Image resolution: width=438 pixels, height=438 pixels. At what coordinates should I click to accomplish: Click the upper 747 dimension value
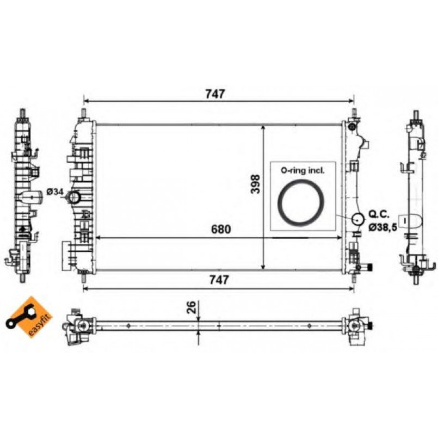pyautogui.click(x=215, y=94)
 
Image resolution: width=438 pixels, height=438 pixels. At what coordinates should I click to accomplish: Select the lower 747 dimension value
pyautogui.click(x=215, y=280)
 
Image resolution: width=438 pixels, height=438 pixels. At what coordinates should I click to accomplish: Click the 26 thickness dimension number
pyautogui.click(x=192, y=307)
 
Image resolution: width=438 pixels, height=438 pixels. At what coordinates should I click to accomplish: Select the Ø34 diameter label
pyautogui.click(x=55, y=191)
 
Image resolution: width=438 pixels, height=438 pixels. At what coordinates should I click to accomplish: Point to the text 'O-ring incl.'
pyautogui.click(x=302, y=170)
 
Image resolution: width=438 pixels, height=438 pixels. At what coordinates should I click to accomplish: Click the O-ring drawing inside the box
pyautogui.click(x=302, y=203)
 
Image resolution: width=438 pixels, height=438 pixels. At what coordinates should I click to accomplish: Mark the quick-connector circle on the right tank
pyautogui.click(x=357, y=219)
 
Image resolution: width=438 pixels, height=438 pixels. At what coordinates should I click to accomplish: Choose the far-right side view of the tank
pyautogui.click(x=416, y=196)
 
